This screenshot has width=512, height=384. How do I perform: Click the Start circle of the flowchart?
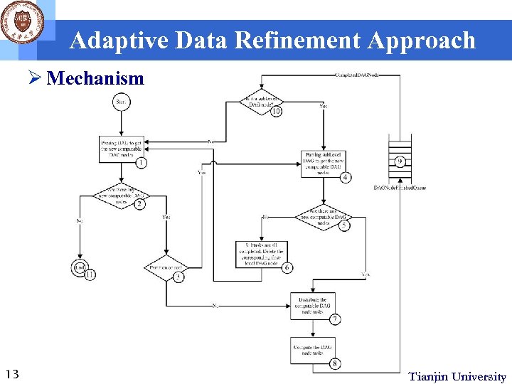[121, 103]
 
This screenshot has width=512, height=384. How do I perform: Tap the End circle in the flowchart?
[79, 268]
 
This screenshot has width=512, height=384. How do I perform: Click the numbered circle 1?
[142, 163]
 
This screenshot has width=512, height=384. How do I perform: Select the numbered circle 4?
[345, 177]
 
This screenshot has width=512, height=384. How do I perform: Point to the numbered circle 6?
[287, 268]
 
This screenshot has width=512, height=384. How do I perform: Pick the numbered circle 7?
[334, 319]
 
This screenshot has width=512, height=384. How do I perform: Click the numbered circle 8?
[334, 364]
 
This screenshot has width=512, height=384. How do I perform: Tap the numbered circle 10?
[276, 112]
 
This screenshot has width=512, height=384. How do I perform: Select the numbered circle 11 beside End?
[90, 274]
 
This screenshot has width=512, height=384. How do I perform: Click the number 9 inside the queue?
[400, 161]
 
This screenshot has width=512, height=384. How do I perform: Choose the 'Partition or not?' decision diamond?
[165, 268]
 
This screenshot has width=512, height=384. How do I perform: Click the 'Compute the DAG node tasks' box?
[312, 349]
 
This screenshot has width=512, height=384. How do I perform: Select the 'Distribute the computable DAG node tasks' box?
[312, 306]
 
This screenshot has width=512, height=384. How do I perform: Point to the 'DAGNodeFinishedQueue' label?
[400, 188]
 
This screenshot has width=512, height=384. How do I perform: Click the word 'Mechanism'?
[95, 78]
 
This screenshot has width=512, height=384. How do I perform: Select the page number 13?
[11, 375]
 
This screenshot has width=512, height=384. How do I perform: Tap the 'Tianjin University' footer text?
[457, 377]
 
